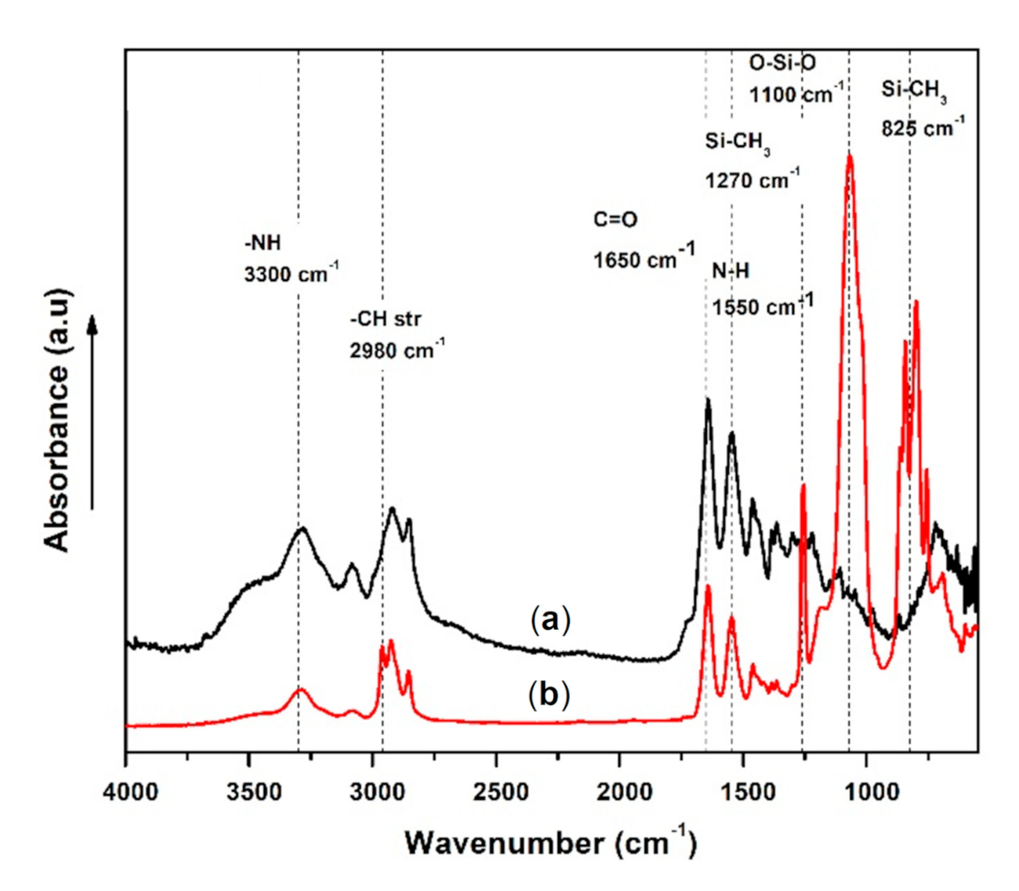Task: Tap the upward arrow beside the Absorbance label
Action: [x=93, y=411]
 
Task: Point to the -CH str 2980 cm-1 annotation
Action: [x=396, y=334]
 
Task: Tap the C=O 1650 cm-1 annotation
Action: [x=643, y=238]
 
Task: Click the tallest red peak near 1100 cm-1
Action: [x=849, y=157]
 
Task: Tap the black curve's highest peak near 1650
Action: [x=708, y=399]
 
